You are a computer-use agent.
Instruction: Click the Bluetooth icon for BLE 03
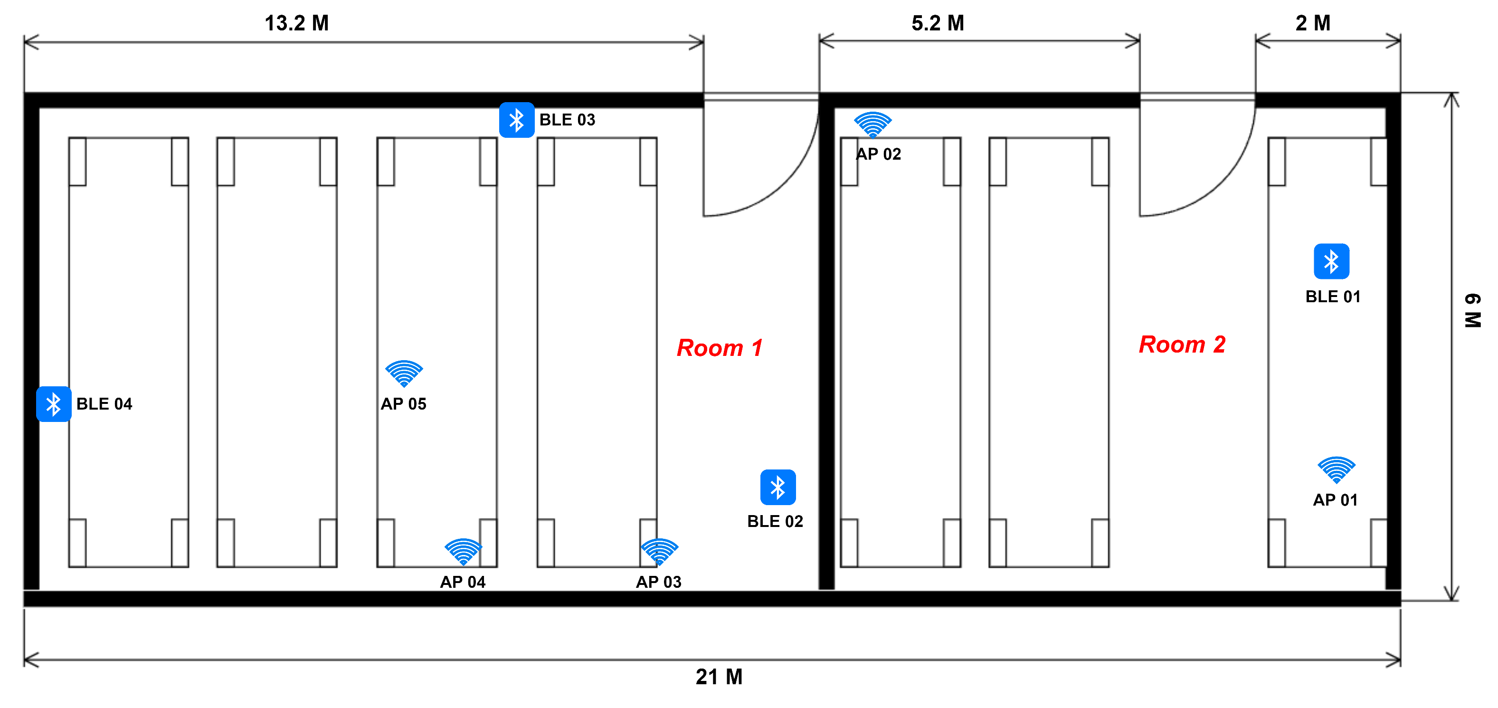516,120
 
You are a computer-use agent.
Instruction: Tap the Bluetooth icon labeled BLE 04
54,404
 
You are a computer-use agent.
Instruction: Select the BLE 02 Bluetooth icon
777,487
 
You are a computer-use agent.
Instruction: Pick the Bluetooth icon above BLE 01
1331,261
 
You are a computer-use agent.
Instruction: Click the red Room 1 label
720,348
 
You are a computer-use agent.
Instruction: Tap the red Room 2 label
1182,344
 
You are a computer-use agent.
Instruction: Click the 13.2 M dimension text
296,23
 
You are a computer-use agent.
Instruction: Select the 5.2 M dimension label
938,23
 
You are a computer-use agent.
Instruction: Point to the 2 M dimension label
1312,23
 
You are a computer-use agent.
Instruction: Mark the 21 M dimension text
719,677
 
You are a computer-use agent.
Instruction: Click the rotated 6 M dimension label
1472,311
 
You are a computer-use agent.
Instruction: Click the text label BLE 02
775,521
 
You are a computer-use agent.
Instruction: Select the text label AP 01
1335,500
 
